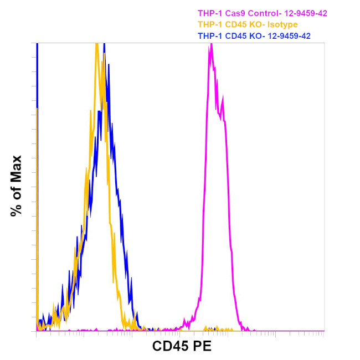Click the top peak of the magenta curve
pyautogui.click(x=211, y=45)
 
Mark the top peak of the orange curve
pyautogui.click(x=97, y=44)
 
